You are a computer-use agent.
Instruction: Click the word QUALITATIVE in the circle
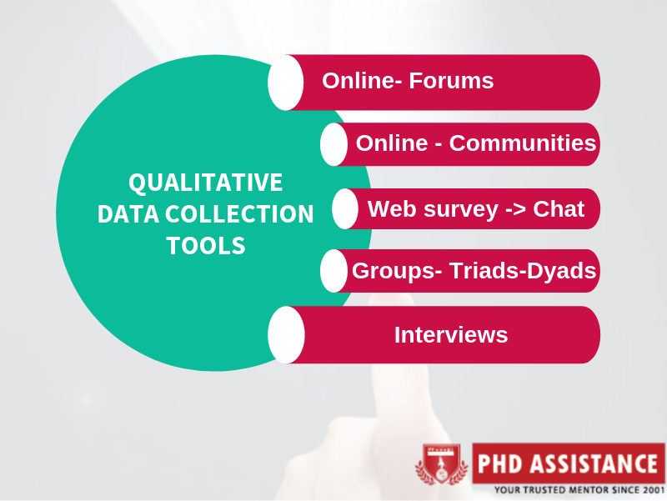click(205, 183)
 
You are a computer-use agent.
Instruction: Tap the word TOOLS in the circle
click(205, 246)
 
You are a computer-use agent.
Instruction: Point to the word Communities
click(523, 143)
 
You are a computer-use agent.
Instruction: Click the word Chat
click(559, 208)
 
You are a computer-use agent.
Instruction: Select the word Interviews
click(451, 335)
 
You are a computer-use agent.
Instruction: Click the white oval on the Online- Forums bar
click(286, 83)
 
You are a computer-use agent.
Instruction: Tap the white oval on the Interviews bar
click(286, 335)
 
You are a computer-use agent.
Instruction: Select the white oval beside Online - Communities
click(333, 144)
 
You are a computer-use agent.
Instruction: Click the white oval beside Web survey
click(344, 208)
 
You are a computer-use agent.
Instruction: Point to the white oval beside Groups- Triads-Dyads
click(333, 271)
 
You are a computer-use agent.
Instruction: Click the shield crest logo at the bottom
click(442, 464)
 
